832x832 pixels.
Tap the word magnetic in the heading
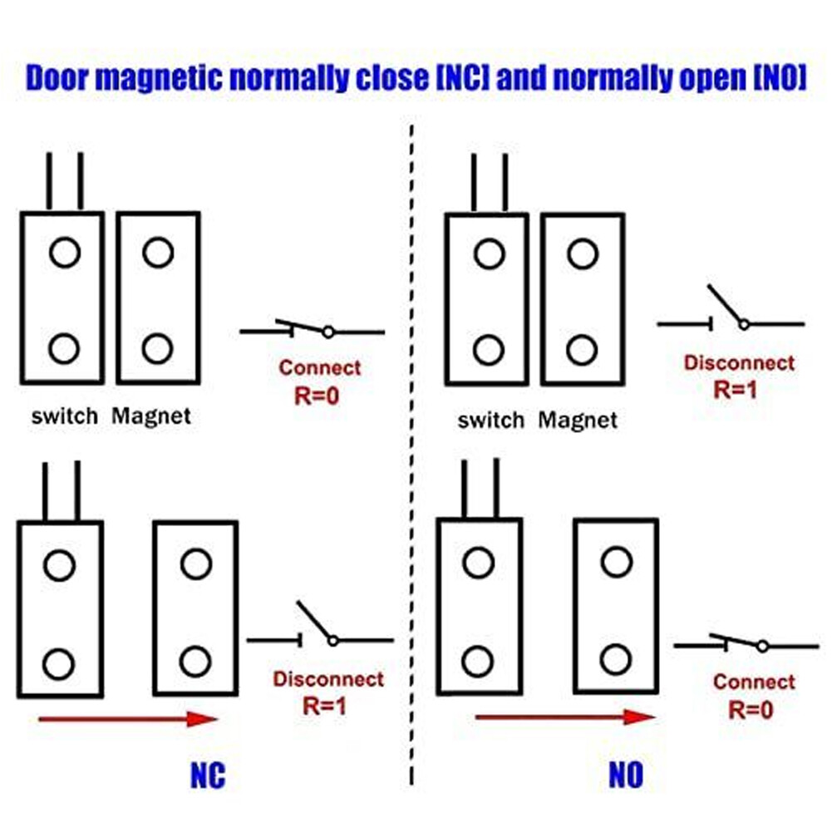click(x=160, y=78)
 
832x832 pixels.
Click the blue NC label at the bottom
click(x=208, y=775)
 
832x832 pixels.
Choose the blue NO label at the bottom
click(x=626, y=775)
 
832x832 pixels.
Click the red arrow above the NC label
click(x=128, y=720)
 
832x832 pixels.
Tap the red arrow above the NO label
click(x=566, y=716)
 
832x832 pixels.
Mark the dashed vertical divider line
click(x=411, y=455)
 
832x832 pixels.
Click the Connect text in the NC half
click(x=320, y=367)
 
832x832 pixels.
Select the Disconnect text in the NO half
click(x=739, y=363)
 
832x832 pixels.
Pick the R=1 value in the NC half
click(x=324, y=706)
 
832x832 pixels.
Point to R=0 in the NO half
click(x=751, y=710)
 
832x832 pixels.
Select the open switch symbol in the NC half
click(x=320, y=624)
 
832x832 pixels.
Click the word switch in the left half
click(x=65, y=416)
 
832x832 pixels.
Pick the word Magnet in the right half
click(x=578, y=421)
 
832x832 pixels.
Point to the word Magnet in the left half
click(x=151, y=416)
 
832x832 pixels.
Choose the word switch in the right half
click(x=491, y=421)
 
